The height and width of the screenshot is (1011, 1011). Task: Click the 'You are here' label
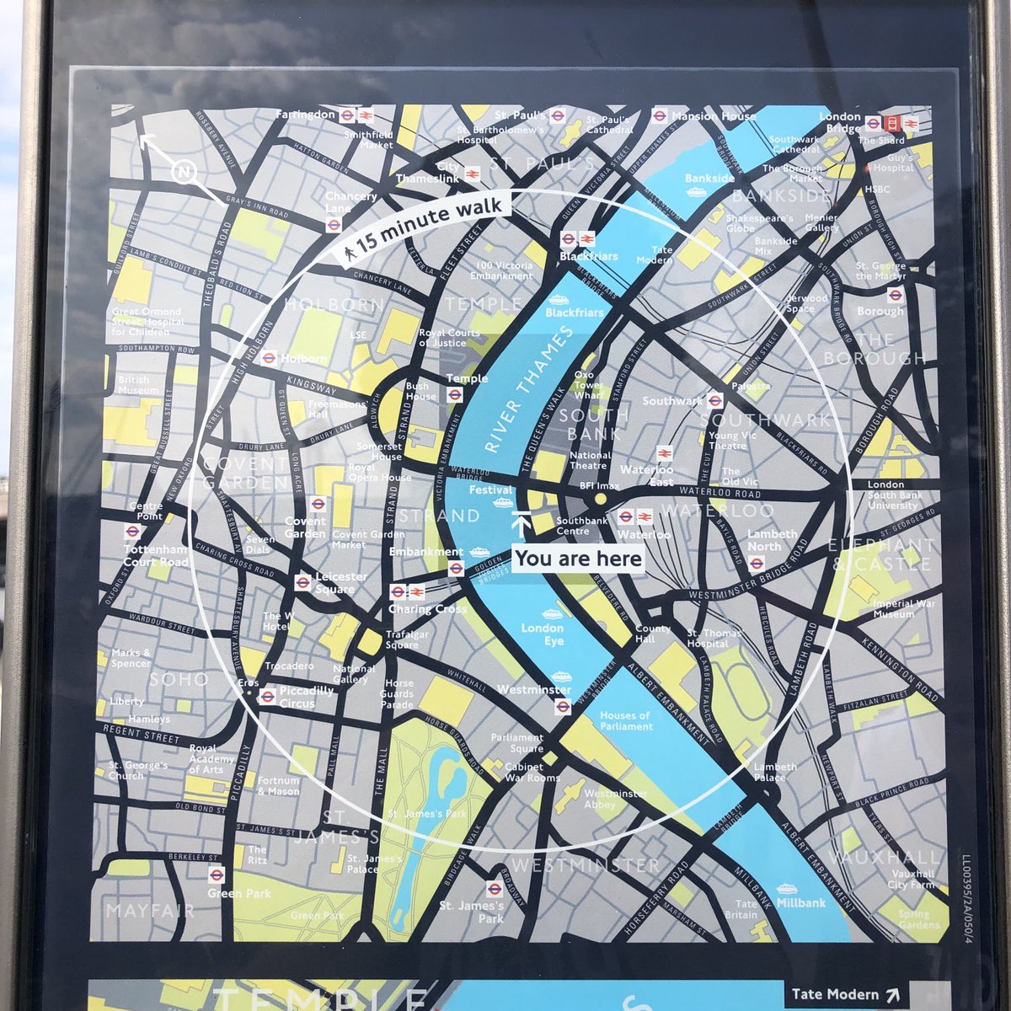[x=578, y=559]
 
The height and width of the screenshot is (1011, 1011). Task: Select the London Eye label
[x=542, y=634]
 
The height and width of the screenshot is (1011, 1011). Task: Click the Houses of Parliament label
[x=624, y=720]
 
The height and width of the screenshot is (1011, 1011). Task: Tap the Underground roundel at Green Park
[x=216, y=875]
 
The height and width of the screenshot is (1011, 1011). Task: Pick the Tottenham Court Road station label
[x=156, y=556]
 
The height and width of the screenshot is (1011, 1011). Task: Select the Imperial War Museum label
[x=893, y=608]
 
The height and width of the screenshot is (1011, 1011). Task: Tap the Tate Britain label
[x=741, y=909]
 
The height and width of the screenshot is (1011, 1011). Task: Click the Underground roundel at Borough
[x=895, y=295]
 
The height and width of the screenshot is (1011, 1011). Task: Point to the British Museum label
[x=138, y=385]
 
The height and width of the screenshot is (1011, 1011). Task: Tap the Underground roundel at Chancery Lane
[x=334, y=224]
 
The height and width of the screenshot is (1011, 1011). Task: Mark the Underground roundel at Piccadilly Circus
[x=267, y=695]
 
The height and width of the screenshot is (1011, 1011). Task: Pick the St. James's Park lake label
[x=427, y=814]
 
